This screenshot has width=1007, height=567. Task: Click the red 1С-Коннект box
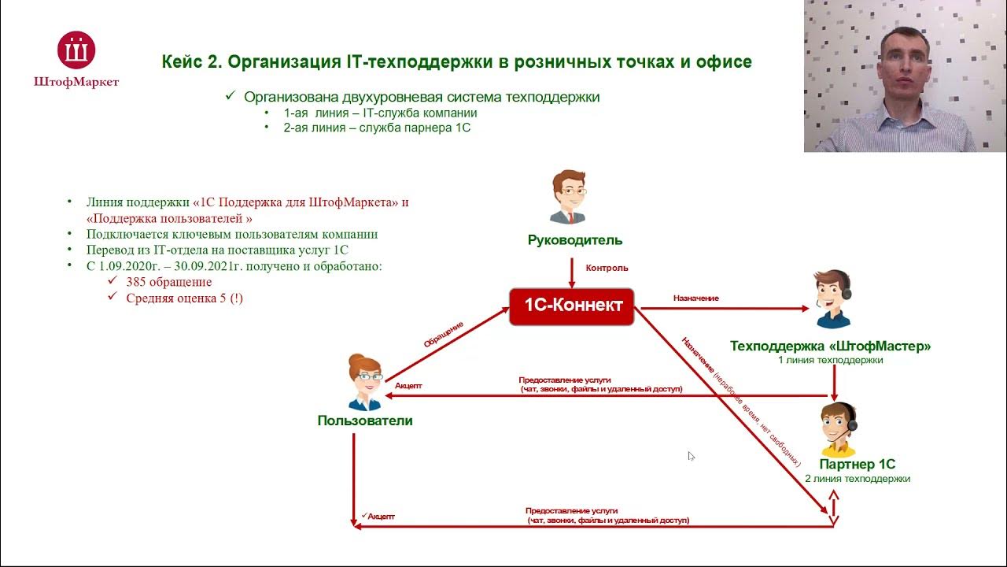click(572, 306)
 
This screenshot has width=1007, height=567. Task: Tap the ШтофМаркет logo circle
click(76, 50)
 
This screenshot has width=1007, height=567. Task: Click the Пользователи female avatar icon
click(365, 384)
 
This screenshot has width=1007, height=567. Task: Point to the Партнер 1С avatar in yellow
click(839, 429)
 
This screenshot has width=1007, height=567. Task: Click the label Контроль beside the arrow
click(607, 268)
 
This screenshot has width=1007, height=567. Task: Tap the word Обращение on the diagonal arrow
click(443, 335)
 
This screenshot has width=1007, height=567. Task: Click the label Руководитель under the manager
click(574, 240)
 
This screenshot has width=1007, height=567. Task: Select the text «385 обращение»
click(168, 282)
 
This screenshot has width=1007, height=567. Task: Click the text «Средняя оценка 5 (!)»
click(184, 298)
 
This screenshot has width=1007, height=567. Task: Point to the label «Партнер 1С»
click(858, 465)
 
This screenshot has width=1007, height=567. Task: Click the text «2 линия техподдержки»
click(858, 479)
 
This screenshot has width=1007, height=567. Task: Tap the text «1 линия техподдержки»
click(831, 360)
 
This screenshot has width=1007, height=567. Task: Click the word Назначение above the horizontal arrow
click(695, 298)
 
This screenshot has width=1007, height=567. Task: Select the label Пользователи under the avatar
click(365, 421)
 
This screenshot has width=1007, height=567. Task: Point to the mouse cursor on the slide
click(691, 456)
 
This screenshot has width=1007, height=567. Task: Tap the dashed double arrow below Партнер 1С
click(834, 507)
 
